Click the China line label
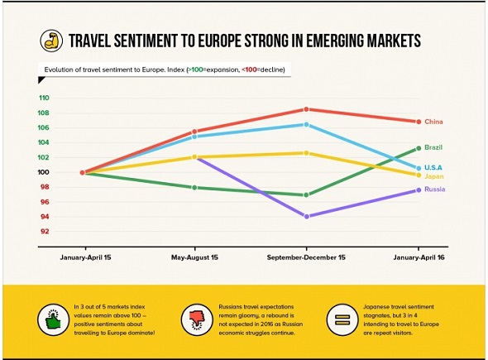tap(433, 122)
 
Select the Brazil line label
tap(433, 147)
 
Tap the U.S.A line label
tap(433, 167)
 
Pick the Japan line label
tap(434, 176)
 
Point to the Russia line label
tap(435, 189)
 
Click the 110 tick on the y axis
tap(44, 98)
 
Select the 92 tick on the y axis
tap(45, 232)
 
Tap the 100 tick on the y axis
tap(44, 172)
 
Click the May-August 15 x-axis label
tap(194, 257)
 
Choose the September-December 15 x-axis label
tap(306, 257)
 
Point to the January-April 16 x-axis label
tap(419, 257)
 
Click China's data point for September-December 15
tap(306, 109)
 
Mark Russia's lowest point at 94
tap(307, 217)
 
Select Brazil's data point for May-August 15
tap(194, 188)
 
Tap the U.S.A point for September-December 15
tap(306, 125)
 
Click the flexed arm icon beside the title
tap(51, 41)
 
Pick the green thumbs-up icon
tap(53, 319)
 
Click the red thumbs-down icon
tap(197, 319)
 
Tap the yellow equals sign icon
tap(342, 319)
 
